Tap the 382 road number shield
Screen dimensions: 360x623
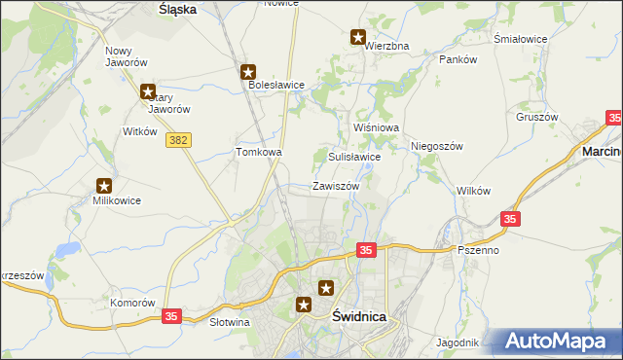(x=178, y=141)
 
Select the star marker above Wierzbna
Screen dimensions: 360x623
(x=358, y=38)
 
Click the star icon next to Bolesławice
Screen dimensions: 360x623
(x=248, y=71)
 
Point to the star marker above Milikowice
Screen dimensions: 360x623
(x=104, y=186)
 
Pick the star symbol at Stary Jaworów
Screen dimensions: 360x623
(x=148, y=92)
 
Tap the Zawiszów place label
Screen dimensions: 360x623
(x=336, y=186)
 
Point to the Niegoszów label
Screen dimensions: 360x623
(x=435, y=146)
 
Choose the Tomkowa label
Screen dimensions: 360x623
(x=259, y=152)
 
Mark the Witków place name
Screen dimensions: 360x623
(x=139, y=130)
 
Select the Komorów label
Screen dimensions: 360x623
(x=132, y=303)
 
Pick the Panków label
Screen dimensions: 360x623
(x=458, y=59)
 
